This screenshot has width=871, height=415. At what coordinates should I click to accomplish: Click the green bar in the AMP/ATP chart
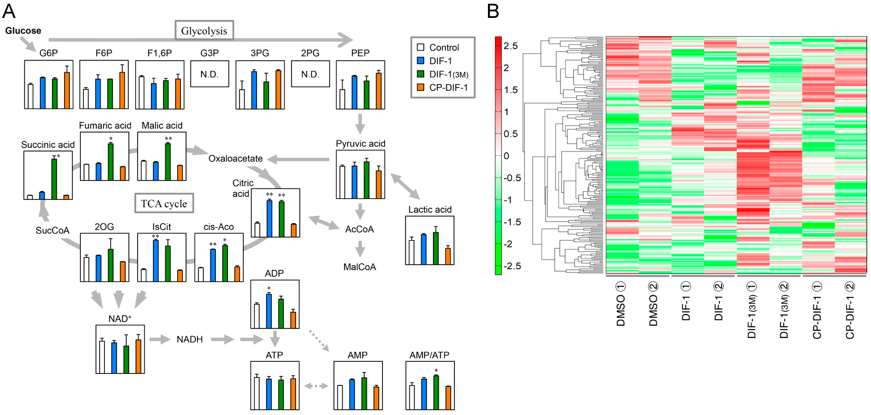436,392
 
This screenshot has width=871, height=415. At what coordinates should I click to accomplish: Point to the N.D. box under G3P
209,74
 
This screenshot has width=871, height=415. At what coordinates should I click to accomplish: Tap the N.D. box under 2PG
310,74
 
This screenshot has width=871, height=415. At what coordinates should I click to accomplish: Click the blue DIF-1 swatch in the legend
421,61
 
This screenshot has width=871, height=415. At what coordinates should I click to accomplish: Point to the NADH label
189,339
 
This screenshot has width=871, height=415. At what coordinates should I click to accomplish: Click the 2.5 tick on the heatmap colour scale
510,46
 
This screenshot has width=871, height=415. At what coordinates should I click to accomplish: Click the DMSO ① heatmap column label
621,304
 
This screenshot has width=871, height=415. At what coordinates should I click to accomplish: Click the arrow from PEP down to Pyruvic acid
360,124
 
